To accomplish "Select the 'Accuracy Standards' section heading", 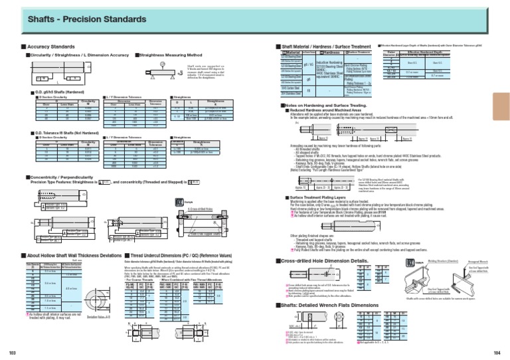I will coord(50,47).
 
